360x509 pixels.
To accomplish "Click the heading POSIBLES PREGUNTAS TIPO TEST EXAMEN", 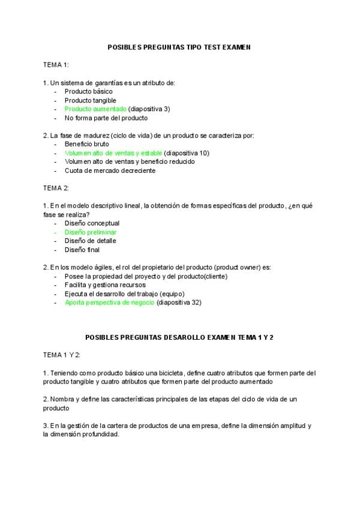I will coord(179,46).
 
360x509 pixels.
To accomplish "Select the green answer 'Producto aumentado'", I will coord(95,109).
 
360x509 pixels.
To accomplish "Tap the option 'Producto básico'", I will coord(88,91).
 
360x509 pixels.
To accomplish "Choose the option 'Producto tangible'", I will coord(91,100).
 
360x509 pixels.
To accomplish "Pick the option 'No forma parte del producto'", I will coord(106,118).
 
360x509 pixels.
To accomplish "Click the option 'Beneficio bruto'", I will coord(87,144).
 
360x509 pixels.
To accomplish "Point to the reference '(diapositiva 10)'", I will coord(187,153).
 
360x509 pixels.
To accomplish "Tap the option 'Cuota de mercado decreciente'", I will coord(110,170).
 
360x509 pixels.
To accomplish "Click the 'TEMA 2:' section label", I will coord(56,188).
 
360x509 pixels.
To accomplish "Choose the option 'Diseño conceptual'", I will coord(92,223).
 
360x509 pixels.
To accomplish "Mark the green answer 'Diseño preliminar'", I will coord(91,232).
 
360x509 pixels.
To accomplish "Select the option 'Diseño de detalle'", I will coord(91,241).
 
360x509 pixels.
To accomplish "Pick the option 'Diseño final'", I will coord(82,250).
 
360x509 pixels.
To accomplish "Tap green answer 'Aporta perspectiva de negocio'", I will coord(110,303).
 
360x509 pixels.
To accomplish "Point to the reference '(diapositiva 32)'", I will coord(179,303).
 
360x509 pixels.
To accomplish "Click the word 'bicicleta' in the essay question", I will coord(170,373).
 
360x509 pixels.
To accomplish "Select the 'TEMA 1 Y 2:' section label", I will coord(62,355).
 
